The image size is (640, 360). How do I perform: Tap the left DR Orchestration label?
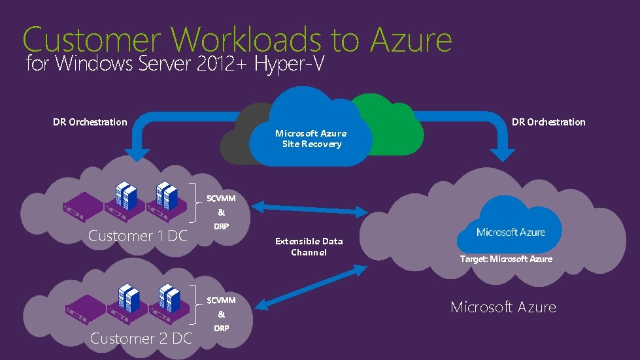point(90,122)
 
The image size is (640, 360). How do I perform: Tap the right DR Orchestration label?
point(548,122)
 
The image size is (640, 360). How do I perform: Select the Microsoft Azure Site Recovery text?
point(311,139)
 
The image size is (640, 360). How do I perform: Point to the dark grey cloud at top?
point(242,134)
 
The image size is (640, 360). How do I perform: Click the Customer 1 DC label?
point(138,236)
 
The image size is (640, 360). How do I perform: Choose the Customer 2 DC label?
point(141,338)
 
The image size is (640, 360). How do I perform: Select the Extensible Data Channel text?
point(309,246)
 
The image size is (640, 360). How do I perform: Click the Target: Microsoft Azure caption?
point(506,259)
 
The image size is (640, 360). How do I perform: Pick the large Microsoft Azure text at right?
point(503,307)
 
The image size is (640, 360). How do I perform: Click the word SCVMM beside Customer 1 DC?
point(221,198)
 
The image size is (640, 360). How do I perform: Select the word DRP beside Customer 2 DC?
point(221,328)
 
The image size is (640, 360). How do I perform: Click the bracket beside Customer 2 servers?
point(198,304)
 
